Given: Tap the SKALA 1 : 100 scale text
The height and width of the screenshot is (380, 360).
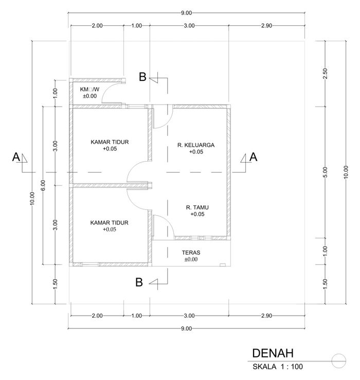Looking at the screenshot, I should (x=278, y=367).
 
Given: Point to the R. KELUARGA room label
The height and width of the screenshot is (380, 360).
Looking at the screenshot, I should (x=196, y=145).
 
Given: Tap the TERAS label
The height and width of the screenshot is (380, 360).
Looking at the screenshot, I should (x=190, y=253).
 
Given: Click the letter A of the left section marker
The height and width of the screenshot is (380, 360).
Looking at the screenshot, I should (x=16, y=158).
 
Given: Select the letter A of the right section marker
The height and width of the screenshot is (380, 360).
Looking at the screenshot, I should (x=253, y=158).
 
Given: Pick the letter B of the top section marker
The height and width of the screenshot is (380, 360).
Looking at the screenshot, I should (x=143, y=77).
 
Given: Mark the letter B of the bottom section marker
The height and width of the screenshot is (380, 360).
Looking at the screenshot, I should (x=139, y=282).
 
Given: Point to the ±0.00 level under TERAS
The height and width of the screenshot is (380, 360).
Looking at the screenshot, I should (x=190, y=260).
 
